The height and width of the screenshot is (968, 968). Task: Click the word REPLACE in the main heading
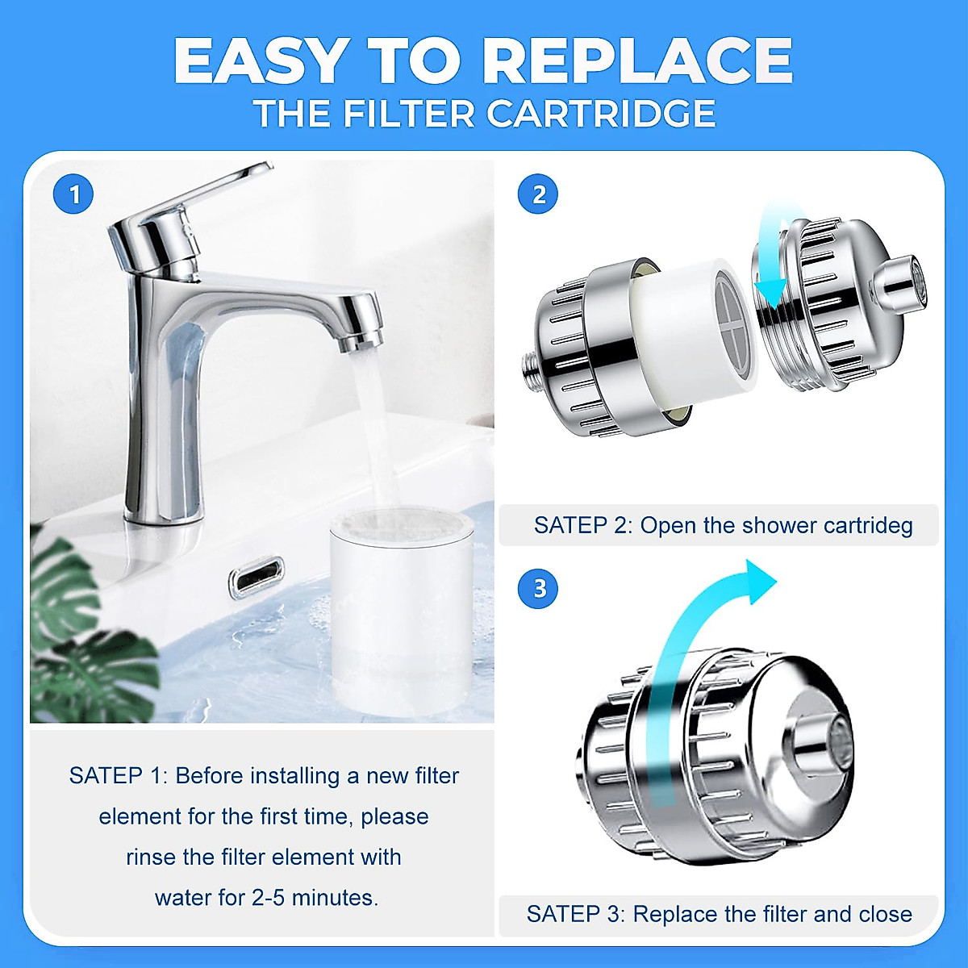coord(641,61)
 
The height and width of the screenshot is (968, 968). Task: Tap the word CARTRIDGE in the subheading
coord(601,114)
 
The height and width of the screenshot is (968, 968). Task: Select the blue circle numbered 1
coord(73,194)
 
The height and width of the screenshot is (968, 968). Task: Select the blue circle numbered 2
coord(539,194)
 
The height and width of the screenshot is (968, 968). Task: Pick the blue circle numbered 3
coord(539,588)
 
